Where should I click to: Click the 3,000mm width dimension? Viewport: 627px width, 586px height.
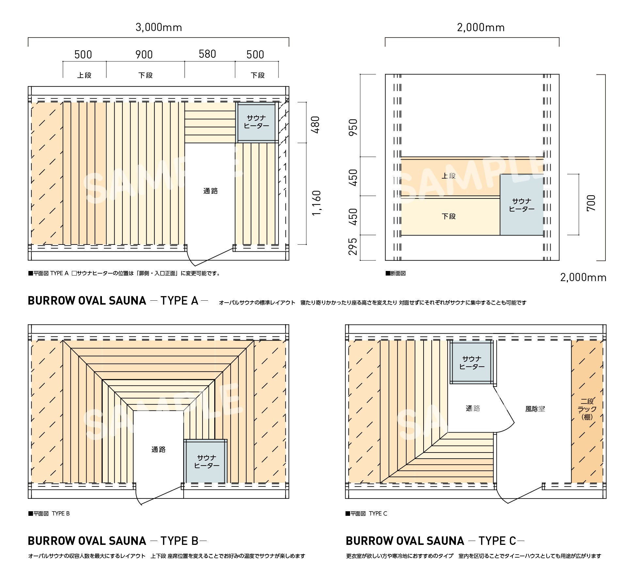[x=159, y=27]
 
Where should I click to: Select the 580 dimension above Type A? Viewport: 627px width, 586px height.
[x=207, y=54]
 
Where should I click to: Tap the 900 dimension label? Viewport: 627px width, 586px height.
[x=144, y=55]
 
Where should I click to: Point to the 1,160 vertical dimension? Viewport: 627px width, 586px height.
[x=316, y=203]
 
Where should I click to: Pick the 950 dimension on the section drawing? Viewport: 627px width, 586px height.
[x=353, y=127]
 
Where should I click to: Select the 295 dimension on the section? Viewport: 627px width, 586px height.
[x=353, y=246]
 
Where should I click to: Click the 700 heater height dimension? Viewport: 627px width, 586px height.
[x=591, y=203]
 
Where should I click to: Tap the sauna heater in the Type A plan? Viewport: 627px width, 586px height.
[x=257, y=122]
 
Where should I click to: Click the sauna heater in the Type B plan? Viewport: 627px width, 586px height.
[x=205, y=461]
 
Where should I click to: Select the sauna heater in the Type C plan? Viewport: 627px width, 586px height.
[x=472, y=362]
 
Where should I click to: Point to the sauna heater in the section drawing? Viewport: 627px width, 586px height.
[x=522, y=205]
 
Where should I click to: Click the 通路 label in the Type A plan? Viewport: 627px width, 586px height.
[x=210, y=191]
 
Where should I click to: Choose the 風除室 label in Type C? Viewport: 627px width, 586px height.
[x=535, y=409]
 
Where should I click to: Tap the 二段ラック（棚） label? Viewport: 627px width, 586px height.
[x=587, y=409]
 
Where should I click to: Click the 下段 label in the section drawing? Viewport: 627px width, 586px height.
[x=449, y=216]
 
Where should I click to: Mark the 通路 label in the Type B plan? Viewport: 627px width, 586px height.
[x=158, y=450]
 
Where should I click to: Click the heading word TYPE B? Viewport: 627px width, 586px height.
[x=179, y=541]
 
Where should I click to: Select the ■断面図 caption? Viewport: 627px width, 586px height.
[x=395, y=273]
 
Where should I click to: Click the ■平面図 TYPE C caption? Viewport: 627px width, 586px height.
[x=366, y=514]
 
